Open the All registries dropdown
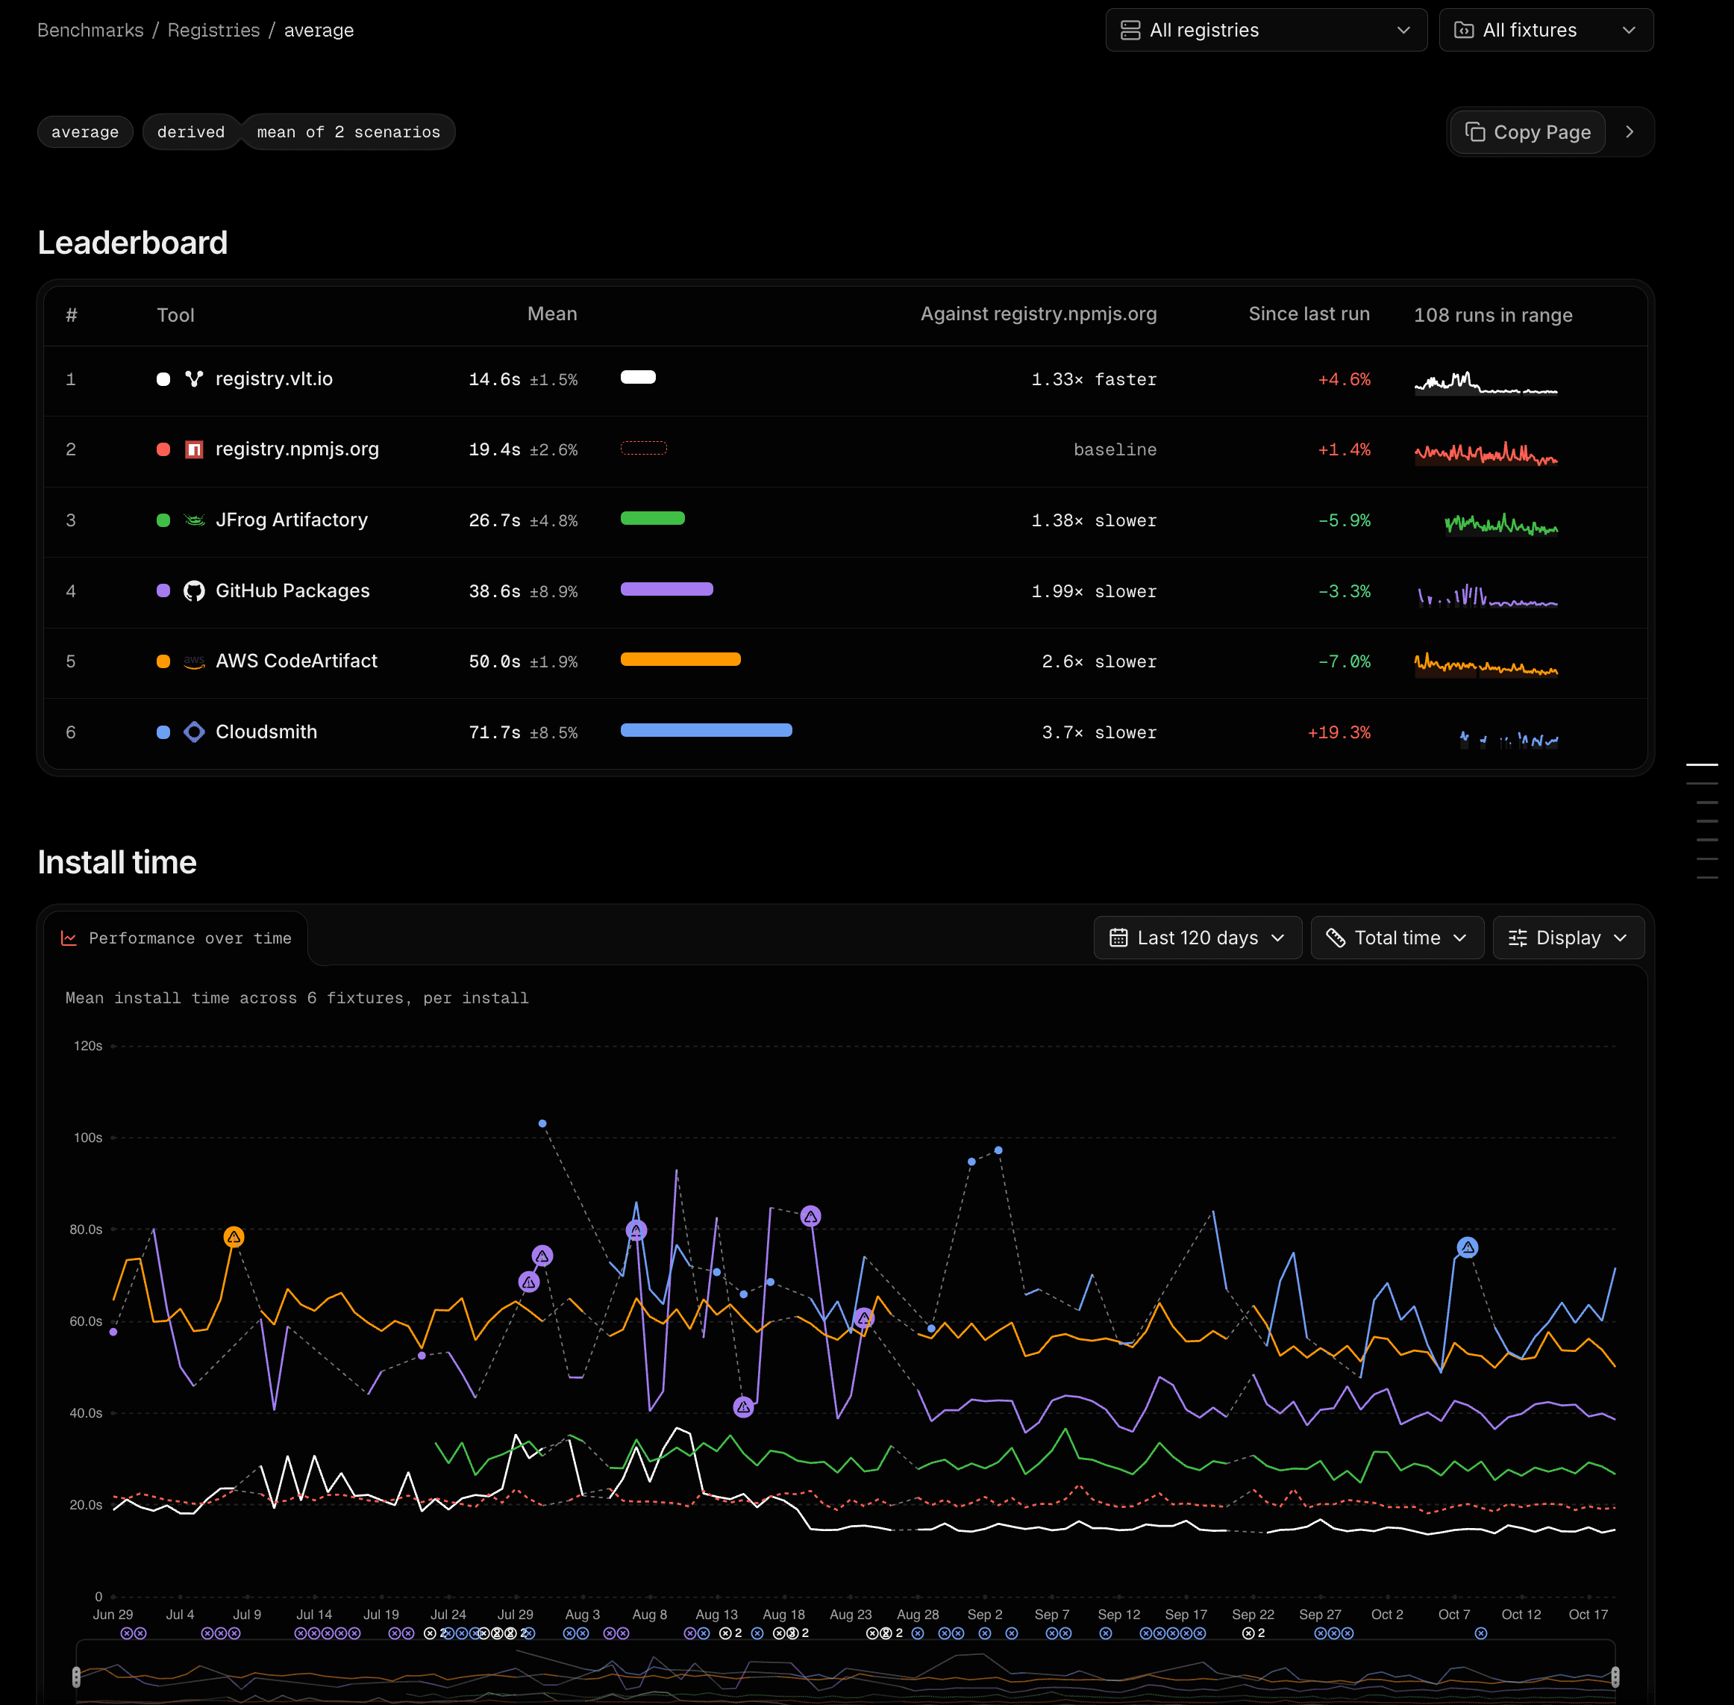coord(1266,31)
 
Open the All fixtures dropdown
coord(1545,31)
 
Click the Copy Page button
coord(1527,133)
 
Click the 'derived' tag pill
coord(191,133)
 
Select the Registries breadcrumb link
coord(214,31)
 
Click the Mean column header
coord(552,314)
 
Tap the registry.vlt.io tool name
coord(274,378)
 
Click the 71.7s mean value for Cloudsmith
coord(495,732)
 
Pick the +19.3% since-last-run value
coord(1339,732)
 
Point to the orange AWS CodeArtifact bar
coord(680,660)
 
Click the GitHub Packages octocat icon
coord(194,591)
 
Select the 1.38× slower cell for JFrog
coord(1094,520)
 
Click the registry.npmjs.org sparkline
coord(1486,454)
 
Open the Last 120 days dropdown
coord(1198,938)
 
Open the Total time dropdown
coord(1397,938)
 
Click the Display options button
coord(1568,938)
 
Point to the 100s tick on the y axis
coord(88,1137)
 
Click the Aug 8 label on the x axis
coord(650,1615)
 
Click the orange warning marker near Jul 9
coord(234,1237)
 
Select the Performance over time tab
coord(176,938)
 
